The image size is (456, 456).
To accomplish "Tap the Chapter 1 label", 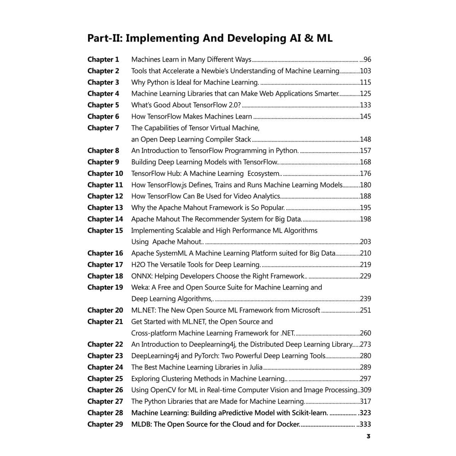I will click(x=103, y=59).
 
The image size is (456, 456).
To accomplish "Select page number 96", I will click(x=367, y=59).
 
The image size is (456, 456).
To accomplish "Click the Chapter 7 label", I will click(x=103, y=128).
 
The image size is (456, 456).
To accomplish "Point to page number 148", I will click(x=365, y=139).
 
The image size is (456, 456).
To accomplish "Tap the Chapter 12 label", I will click(x=105, y=196).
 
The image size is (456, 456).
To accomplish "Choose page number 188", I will click(x=365, y=196).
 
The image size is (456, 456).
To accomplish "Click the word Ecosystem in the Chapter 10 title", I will click(x=263, y=174).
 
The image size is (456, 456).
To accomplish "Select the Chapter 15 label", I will click(x=105, y=230).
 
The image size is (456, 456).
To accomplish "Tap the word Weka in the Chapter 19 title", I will click(x=141, y=287).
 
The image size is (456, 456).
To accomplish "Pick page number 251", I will click(x=365, y=310).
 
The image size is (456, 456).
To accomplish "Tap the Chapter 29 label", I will click(x=105, y=424).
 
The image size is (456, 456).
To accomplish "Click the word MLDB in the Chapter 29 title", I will click(x=141, y=424).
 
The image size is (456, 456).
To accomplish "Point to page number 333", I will click(x=365, y=424).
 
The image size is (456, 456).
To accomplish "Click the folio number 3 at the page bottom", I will click(x=368, y=436).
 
